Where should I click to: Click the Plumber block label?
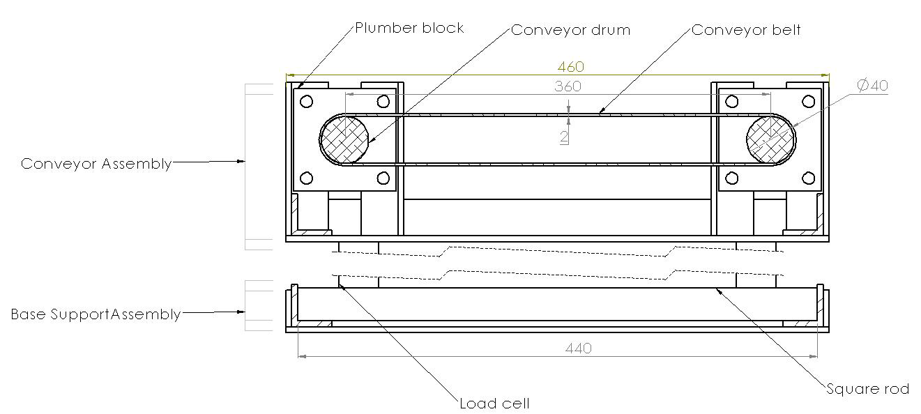tap(409, 29)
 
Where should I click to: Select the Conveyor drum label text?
tap(570, 30)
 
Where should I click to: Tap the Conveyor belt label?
tap(746, 30)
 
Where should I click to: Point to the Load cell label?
tap(494, 404)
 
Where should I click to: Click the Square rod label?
tap(867, 389)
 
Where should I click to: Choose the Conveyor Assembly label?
tap(96, 164)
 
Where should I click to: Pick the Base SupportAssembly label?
tap(96, 314)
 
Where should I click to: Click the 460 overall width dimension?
tap(570, 67)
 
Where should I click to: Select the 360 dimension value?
tap(568, 86)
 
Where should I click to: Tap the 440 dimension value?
tap(579, 348)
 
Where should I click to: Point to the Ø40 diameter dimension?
tap(871, 86)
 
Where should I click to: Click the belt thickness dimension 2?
tap(563, 137)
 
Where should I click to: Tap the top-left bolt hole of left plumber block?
tap(306, 102)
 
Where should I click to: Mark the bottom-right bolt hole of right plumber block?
tap(808, 178)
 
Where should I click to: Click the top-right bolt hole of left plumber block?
tap(383, 102)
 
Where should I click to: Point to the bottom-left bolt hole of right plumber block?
tap(731, 178)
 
